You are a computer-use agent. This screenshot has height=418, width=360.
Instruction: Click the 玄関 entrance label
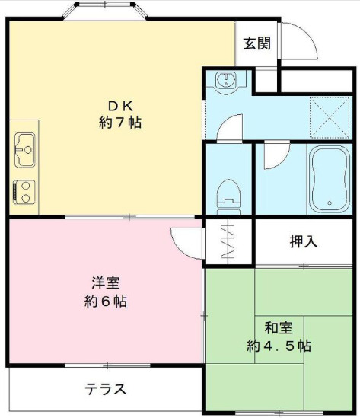pos(256,43)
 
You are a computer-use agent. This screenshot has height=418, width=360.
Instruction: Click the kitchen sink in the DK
pos(24,148)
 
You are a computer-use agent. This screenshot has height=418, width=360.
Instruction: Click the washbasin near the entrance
pos(227,81)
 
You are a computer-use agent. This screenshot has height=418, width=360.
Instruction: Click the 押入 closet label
pos(303,241)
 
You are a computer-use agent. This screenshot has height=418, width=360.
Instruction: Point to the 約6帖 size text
pos(105,301)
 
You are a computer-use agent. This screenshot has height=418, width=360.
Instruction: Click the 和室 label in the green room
pos(279,328)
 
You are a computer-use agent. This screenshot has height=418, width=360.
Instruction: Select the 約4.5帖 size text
pos(279,346)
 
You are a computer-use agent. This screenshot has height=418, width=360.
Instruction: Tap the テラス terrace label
pos(105,390)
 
